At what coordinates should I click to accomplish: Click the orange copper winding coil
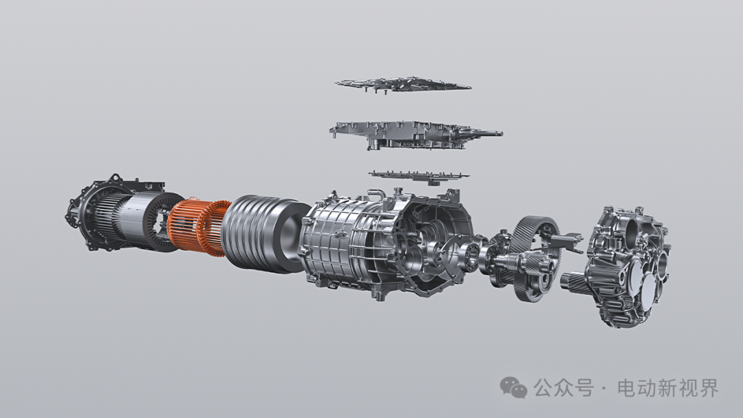[198, 226]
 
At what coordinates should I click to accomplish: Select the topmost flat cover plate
[402, 85]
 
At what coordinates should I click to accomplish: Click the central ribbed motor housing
[385, 244]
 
